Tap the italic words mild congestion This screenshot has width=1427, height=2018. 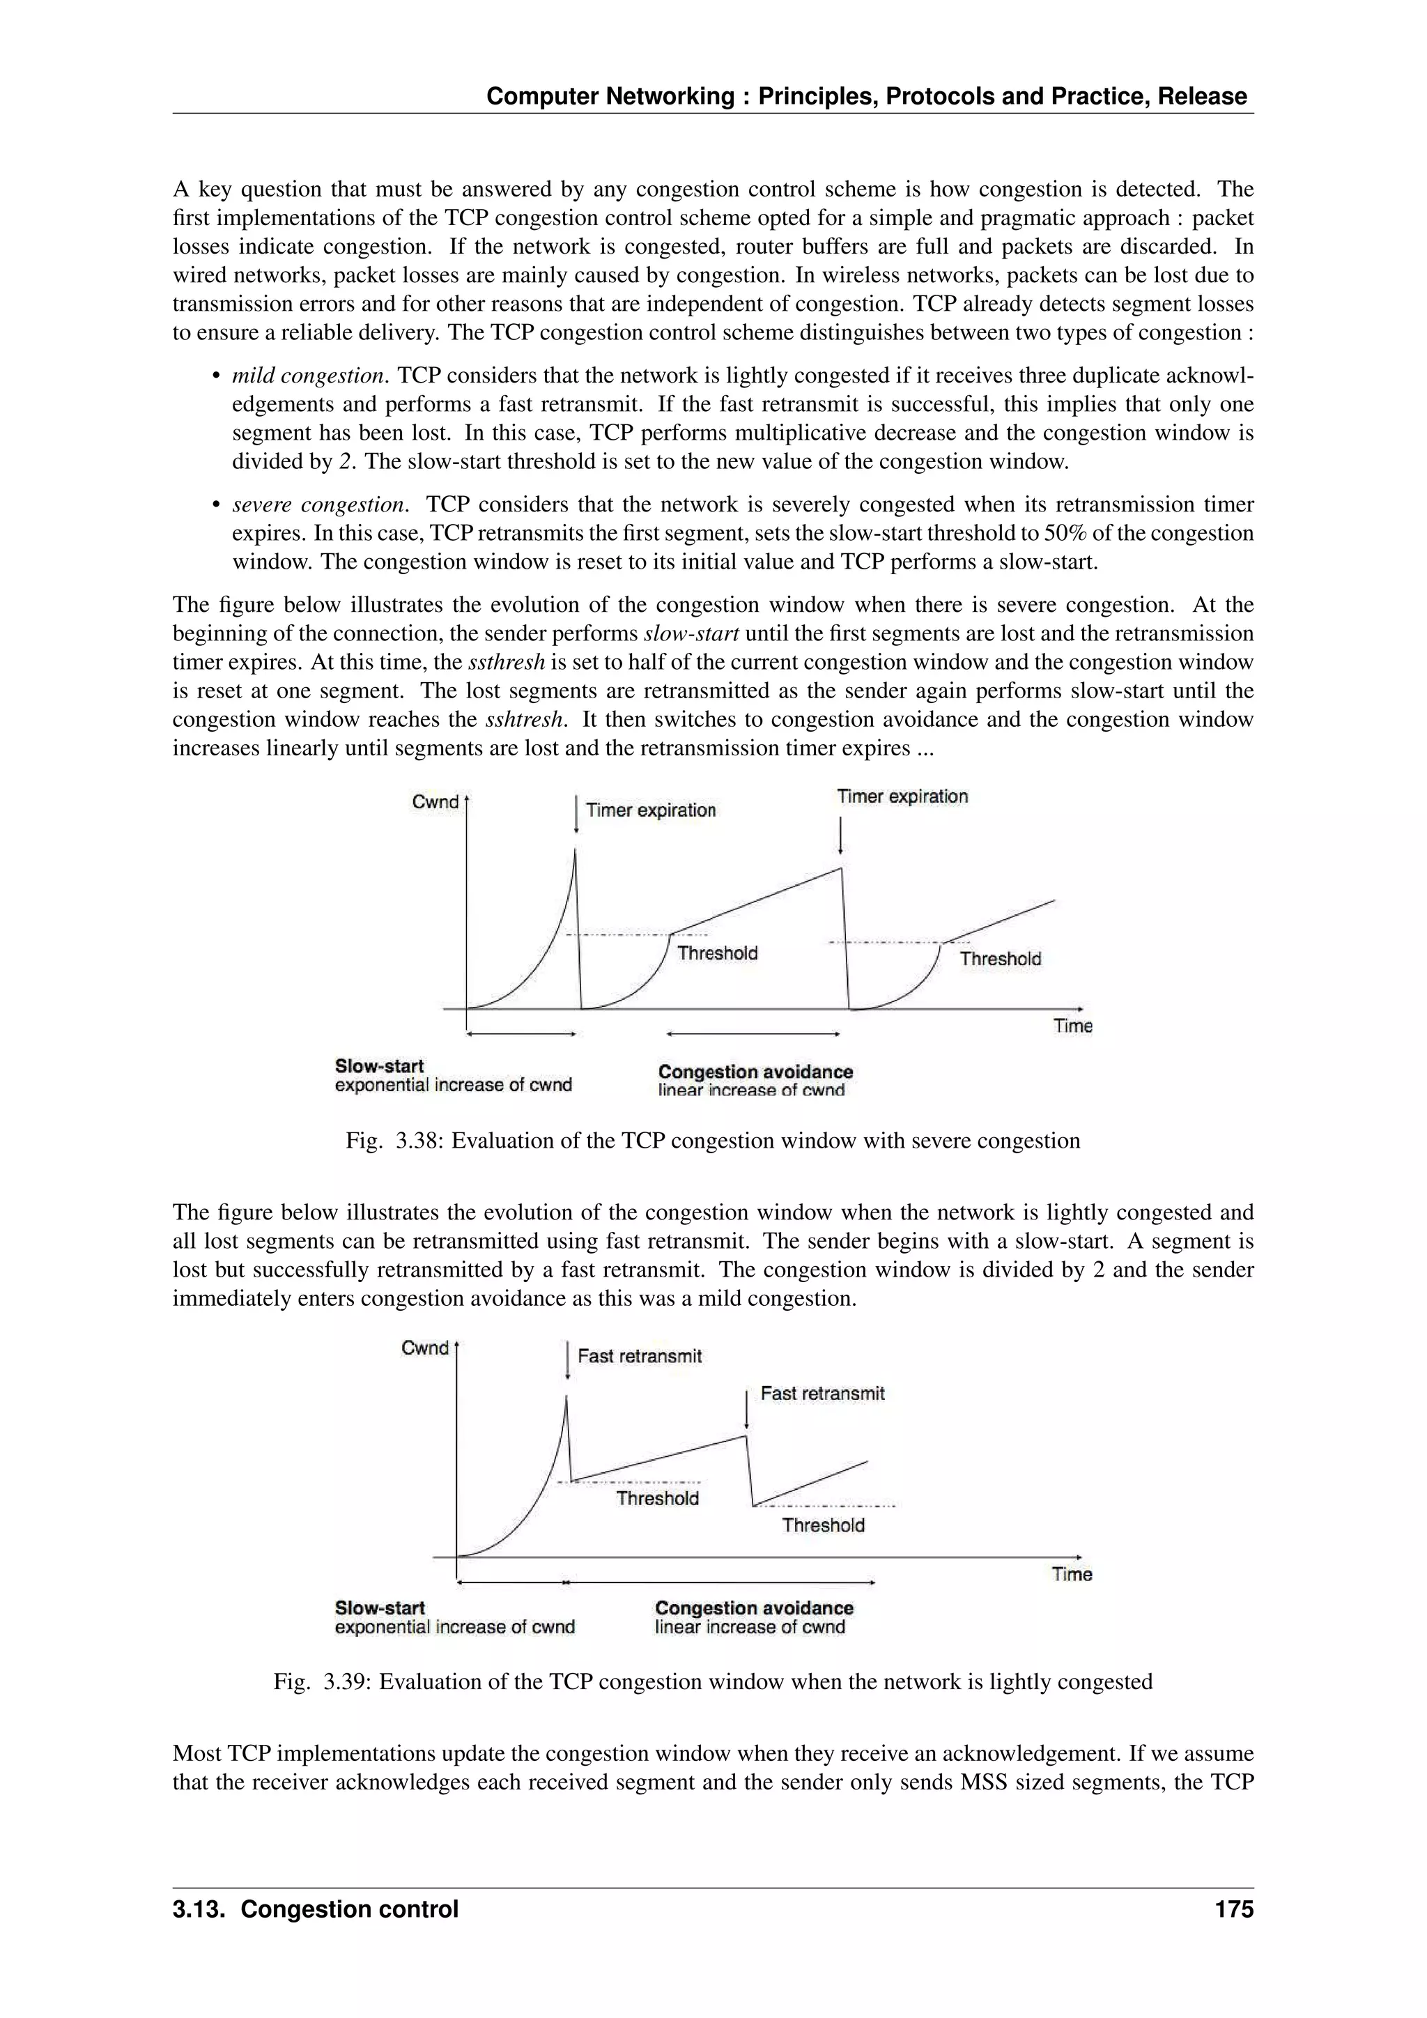(x=309, y=376)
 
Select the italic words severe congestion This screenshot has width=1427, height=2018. (x=320, y=504)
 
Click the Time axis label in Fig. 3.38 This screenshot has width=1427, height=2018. (x=1073, y=1026)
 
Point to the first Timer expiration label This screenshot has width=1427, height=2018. (x=650, y=810)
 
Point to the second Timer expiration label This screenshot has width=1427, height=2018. (x=902, y=796)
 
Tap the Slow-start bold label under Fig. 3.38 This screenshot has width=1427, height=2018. (x=379, y=1066)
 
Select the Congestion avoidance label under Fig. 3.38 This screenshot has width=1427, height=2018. (x=755, y=1072)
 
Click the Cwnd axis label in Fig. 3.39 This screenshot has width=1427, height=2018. (x=424, y=1348)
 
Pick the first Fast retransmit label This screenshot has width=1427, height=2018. (x=640, y=1356)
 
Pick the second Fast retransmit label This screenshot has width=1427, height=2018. (x=822, y=1393)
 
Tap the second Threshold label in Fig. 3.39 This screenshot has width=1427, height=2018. (x=824, y=1525)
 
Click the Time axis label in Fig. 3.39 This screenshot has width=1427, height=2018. (x=1072, y=1574)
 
